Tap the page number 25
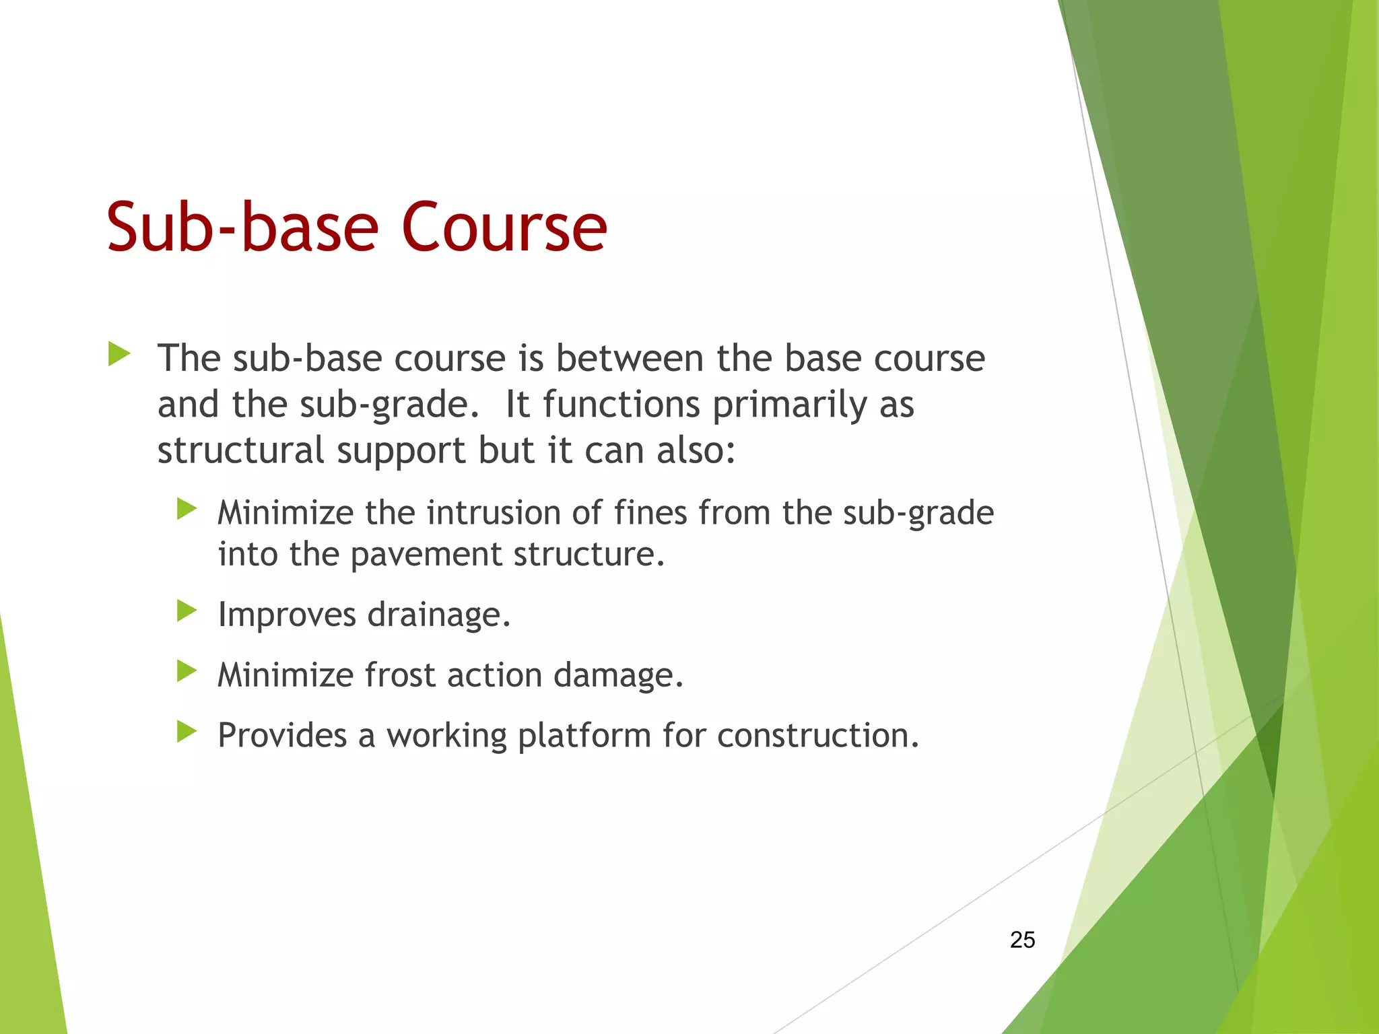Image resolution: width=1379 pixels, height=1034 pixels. pyautogui.click(x=1022, y=940)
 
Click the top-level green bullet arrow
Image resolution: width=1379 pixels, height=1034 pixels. pyautogui.click(x=119, y=354)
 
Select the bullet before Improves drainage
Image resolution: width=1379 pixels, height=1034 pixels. pyautogui.click(x=186, y=611)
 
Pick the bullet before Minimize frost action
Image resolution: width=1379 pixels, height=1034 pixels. pyautogui.click(x=186, y=671)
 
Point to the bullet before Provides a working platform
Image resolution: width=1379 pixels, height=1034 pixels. pyautogui.click(x=186, y=731)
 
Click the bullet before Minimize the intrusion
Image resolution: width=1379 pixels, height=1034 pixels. pyautogui.click(x=186, y=509)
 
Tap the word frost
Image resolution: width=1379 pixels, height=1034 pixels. pyautogui.click(x=400, y=675)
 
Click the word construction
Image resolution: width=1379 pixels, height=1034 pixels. pyautogui.click(x=817, y=735)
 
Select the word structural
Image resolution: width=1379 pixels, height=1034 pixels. pyautogui.click(x=241, y=450)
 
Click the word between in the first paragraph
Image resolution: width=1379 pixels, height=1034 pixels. pyautogui.click(x=630, y=358)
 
